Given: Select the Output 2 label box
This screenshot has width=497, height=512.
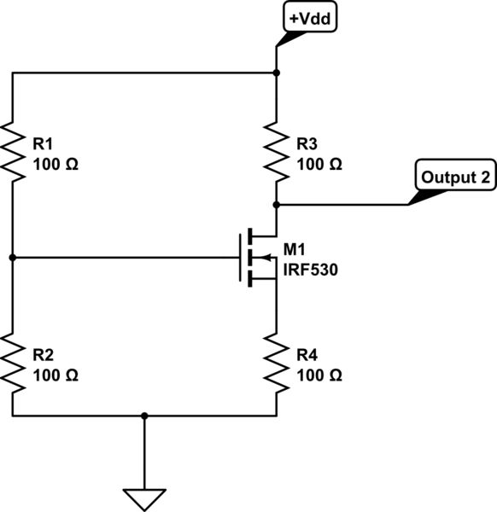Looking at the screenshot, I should tap(454, 177).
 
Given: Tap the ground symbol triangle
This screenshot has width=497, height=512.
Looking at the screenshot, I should tap(143, 498).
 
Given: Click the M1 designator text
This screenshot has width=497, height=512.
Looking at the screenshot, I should tap(295, 249).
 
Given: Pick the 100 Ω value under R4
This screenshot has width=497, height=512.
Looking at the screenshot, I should tap(320, 375).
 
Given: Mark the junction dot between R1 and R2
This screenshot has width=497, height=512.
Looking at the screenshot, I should tap(13, 256).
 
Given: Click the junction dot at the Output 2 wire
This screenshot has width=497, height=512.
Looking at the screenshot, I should tap(277, 205).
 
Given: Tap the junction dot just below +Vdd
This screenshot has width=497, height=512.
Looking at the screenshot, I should tap(277, 73).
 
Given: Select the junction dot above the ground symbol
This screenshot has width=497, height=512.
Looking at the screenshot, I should tap(143, 416).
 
